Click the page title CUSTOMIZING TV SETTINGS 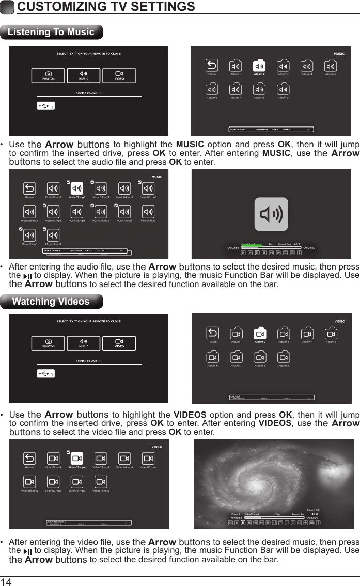click(x=106, y=7)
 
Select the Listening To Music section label click(x=51, y=32)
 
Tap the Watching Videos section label click(x=51, y=302)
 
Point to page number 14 click(x=7, y=581)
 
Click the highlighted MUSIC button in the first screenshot click(x=83, y=75)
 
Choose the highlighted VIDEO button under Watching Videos click(x=119, y=343)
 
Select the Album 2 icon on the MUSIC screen click(x=259, y=66)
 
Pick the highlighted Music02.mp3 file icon click(x=76, y=188)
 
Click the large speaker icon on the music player click(x=271, y=214)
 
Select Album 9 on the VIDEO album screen click(x=284, y=357)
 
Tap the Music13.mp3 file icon click(x=53, y=235)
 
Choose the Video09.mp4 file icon click(x=101, y=482)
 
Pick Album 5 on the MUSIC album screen click(x=331, y=66)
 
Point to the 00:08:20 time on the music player click(x=309, y=247)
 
